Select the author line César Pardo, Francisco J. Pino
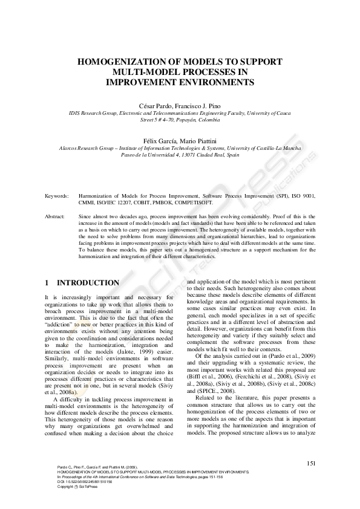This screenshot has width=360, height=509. point(180,105)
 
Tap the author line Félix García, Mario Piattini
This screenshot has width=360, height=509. point(180,140)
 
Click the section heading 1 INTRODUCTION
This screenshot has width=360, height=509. point(82,282)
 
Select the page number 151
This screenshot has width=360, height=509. point(312,463)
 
